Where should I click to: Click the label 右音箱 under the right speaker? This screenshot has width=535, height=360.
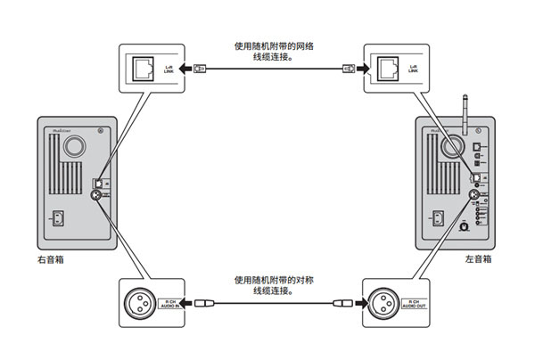[x=51, y=261]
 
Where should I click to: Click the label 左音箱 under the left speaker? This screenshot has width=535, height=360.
[x=477, y=261]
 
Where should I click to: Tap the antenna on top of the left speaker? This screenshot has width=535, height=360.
[x=465, y=108]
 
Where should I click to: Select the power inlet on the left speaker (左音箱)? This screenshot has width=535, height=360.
[x=438, y=217]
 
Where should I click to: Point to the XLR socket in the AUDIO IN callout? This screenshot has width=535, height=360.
[x=143, y=303]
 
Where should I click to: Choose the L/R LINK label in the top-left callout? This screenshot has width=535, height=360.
[x=166, y=67]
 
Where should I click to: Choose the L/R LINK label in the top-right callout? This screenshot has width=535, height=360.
[x=410, y=67]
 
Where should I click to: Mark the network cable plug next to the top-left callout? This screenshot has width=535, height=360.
[x=201, y=67]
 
